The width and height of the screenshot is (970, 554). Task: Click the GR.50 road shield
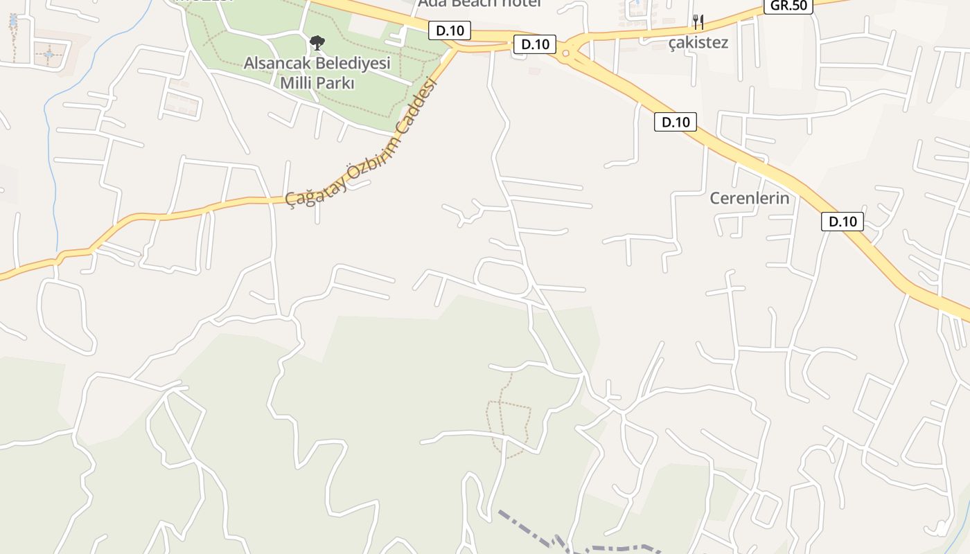[x=788, y=6]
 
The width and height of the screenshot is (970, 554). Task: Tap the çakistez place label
[x=698, y=42]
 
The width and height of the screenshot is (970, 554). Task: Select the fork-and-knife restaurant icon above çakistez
[x=698, y=22]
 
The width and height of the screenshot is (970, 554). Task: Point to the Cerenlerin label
[x=750, y=198]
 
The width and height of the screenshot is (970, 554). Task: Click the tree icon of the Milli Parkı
[x=317, y=43]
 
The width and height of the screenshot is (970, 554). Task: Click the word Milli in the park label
[x=296, y=84]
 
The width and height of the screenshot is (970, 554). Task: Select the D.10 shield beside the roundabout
[x=535, y=44]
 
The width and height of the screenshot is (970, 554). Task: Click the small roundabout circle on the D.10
[x=566, y=53]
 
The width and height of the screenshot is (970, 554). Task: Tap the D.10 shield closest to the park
[x=450, y=30]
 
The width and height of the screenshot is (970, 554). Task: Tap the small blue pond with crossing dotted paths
[x=48, y=53]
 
